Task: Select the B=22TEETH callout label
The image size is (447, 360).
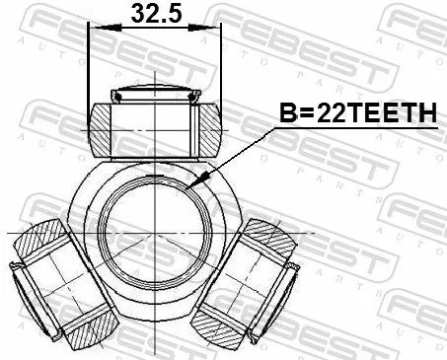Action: click(x=359, y=114)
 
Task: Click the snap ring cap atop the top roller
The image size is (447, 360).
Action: click(x=154, y=96)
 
